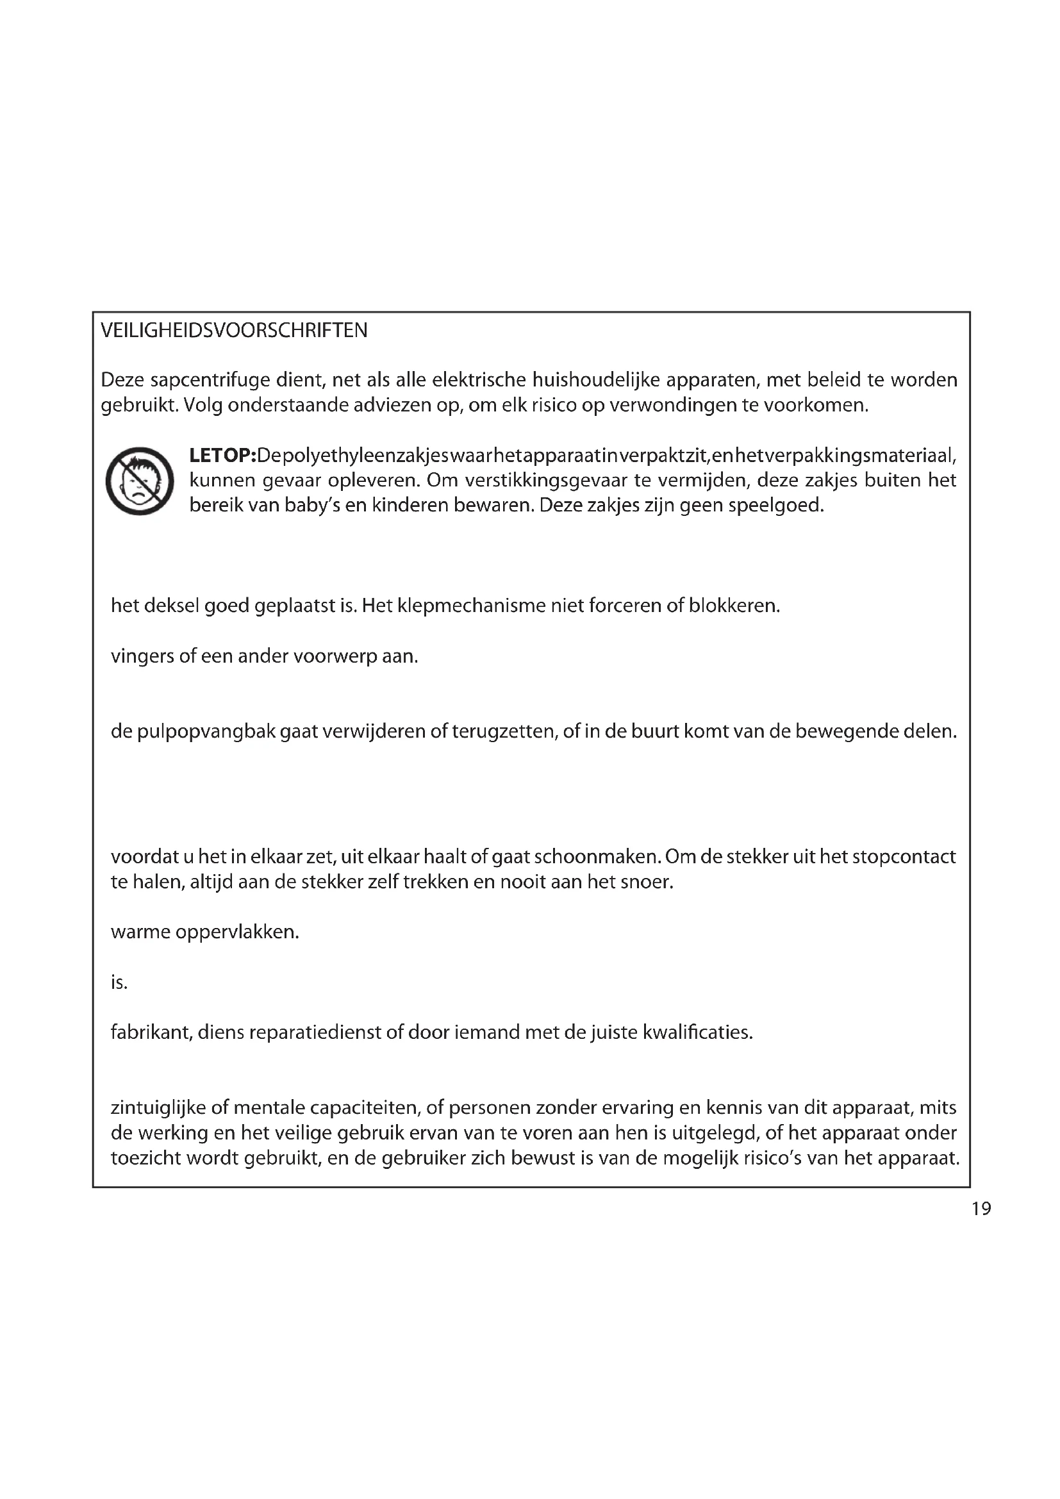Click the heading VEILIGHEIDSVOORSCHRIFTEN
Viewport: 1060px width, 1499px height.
coord(234,331)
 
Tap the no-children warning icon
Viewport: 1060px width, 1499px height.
coord(140,481)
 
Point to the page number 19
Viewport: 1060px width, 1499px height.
coord(981,1209)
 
